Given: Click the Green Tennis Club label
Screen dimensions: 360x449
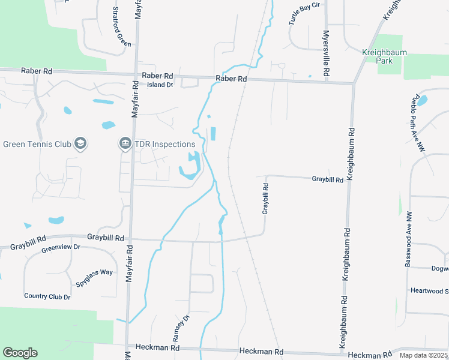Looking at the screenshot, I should pos(37,144).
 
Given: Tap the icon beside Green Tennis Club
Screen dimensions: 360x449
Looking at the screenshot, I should pos(81,144).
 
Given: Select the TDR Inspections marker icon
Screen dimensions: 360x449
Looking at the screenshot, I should pos(125,144).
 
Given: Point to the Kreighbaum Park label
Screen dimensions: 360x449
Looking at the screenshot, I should pos(385,56).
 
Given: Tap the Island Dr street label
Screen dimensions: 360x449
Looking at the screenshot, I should pos(160,85).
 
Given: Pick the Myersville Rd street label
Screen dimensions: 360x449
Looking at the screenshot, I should pos(326,53).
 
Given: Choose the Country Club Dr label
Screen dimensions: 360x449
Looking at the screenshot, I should pos(47,296).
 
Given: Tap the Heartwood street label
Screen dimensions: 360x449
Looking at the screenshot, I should pos(429,291).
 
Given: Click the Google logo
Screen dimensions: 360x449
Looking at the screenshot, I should pos(20,353).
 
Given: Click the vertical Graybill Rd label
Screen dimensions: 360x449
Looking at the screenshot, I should pos(265,199).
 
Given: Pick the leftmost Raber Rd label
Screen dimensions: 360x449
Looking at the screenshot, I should pos(37,71).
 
